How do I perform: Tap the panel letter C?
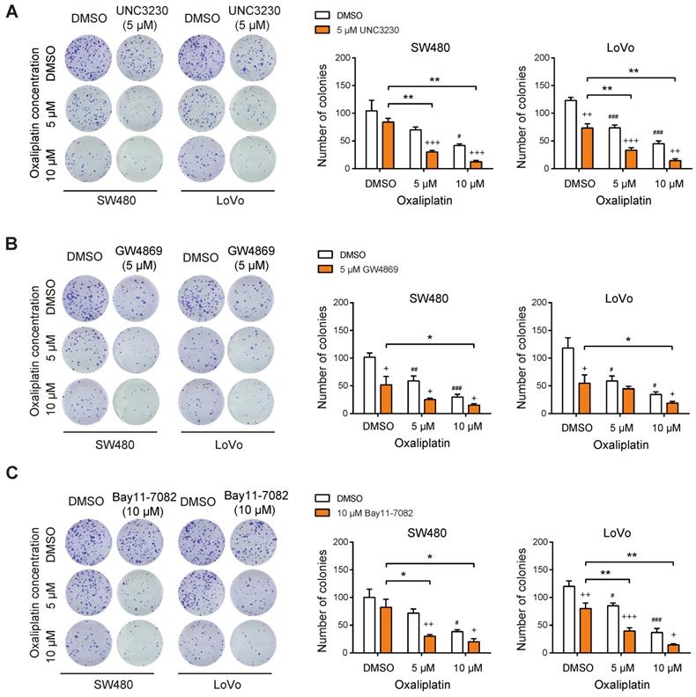click(11, 473)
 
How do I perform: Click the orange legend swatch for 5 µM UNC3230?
click(325, 31)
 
